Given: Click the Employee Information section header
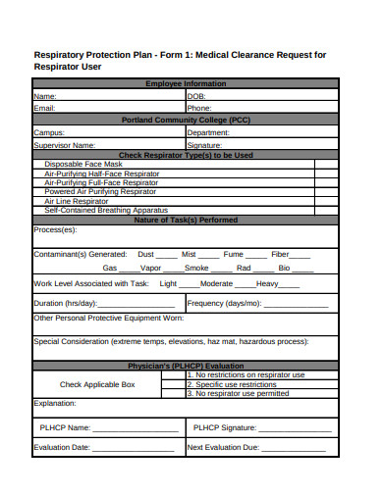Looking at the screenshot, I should tap(186, 84).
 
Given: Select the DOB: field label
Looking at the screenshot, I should tap(196, 96).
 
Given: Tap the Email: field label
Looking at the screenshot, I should tap(45, 108).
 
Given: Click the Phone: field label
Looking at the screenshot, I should tap(199, 108).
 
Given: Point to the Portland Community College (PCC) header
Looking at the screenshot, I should tap(186, 120).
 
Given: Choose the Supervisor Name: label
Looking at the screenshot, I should tap(65, 143).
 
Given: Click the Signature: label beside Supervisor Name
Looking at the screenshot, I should tap(206, 143).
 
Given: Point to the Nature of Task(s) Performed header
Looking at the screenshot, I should tap(186, 220).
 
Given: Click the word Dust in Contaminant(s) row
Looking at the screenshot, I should tap(147, 254).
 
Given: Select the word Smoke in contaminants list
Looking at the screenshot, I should tap(196, 268).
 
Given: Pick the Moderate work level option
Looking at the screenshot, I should tap(217, 283).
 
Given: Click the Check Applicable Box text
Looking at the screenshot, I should tap(97, 384).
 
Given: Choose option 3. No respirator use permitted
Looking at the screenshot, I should tap(238, 393).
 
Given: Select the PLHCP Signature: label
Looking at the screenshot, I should tap(225, 427).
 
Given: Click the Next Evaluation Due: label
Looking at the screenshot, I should tap(223, 447).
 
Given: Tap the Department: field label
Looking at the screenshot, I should tap(208, 131).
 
